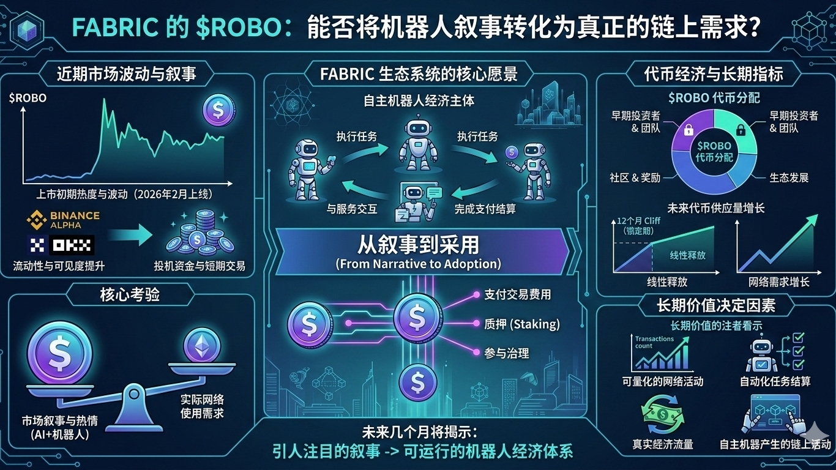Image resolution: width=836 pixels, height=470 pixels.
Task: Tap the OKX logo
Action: pos(62,246)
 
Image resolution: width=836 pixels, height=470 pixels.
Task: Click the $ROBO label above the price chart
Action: pos(28,98)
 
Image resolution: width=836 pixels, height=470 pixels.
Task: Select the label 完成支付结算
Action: pos(485,209)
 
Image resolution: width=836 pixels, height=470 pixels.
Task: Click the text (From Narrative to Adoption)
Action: pos(418,264)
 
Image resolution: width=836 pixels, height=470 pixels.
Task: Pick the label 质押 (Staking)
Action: pos(521,324)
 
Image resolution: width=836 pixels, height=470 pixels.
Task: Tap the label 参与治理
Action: pos(506,353)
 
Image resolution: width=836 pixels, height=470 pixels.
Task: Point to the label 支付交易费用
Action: pos(518,295)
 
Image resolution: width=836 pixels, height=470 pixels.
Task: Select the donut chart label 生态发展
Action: pos(789,177)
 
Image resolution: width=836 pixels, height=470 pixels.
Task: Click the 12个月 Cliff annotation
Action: pos(640,225)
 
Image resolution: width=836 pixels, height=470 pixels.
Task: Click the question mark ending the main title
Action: pos(754,28)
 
